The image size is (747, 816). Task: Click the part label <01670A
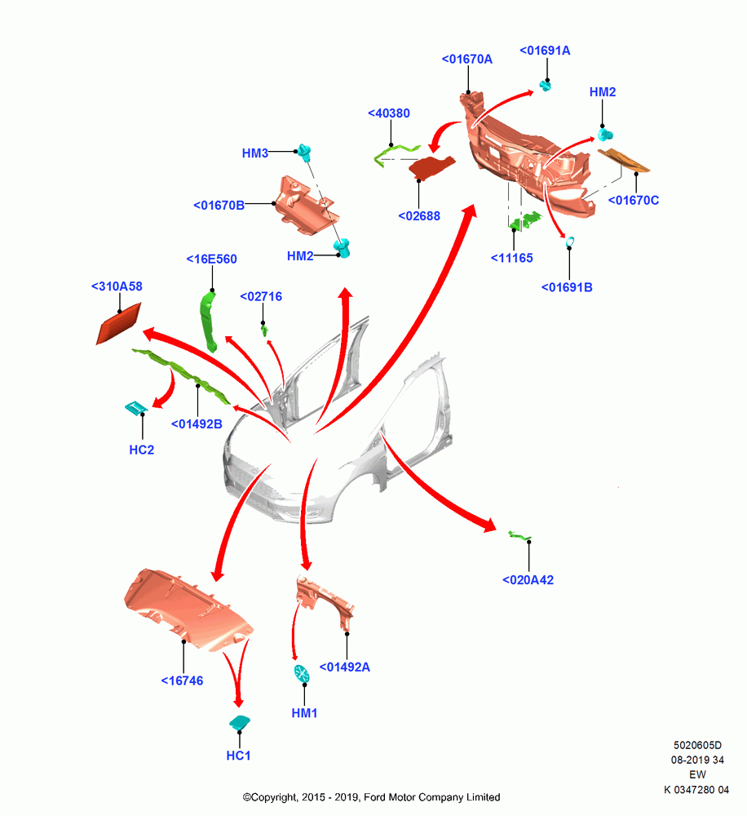[466, 60]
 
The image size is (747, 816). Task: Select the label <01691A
[545, 51]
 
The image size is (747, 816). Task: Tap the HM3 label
[255, 153]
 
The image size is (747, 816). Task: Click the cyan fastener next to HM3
[305, 153]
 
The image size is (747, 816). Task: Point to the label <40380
[388, 113]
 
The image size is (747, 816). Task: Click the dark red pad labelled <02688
[431, 167]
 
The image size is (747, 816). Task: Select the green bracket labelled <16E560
[209, 321]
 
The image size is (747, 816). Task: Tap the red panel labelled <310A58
[118, 324]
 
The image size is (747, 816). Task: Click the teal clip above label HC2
[136, 408]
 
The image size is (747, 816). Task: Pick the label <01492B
[197, 424]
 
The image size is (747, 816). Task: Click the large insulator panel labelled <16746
[188, 610]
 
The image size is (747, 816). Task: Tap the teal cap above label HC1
[239, 723]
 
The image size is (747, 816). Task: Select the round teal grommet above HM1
[302, 673]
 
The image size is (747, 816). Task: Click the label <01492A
[344, 667]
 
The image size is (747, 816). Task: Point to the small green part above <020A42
[519, 535]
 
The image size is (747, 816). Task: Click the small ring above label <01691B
[569, 241]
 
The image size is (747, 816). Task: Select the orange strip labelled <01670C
[623, 160]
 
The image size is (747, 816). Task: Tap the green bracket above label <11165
[525, 220]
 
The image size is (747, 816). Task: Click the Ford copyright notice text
[371, 797]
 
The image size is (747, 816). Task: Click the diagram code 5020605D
[697, 745]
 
